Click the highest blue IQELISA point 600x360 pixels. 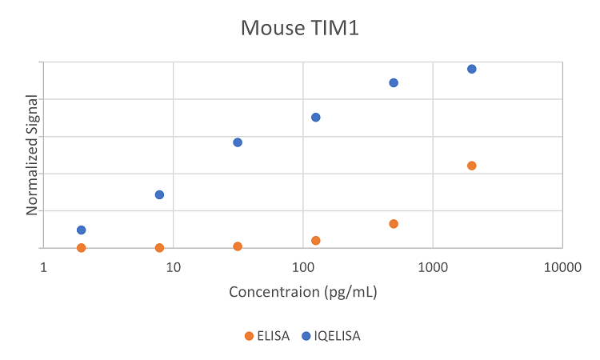click(471, 69)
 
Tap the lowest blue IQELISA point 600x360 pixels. click(81, 230)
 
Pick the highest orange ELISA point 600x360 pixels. click(471, 166)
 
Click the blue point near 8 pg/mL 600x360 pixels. click(159, 194)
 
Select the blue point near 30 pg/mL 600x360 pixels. click(238, 142)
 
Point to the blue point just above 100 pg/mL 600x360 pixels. click(315, 117)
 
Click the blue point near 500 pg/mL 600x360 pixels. click(394, 82)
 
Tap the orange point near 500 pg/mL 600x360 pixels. click(394, 223)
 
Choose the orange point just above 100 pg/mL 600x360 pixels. click(315, 240)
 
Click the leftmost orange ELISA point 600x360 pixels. click(81, 247)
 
